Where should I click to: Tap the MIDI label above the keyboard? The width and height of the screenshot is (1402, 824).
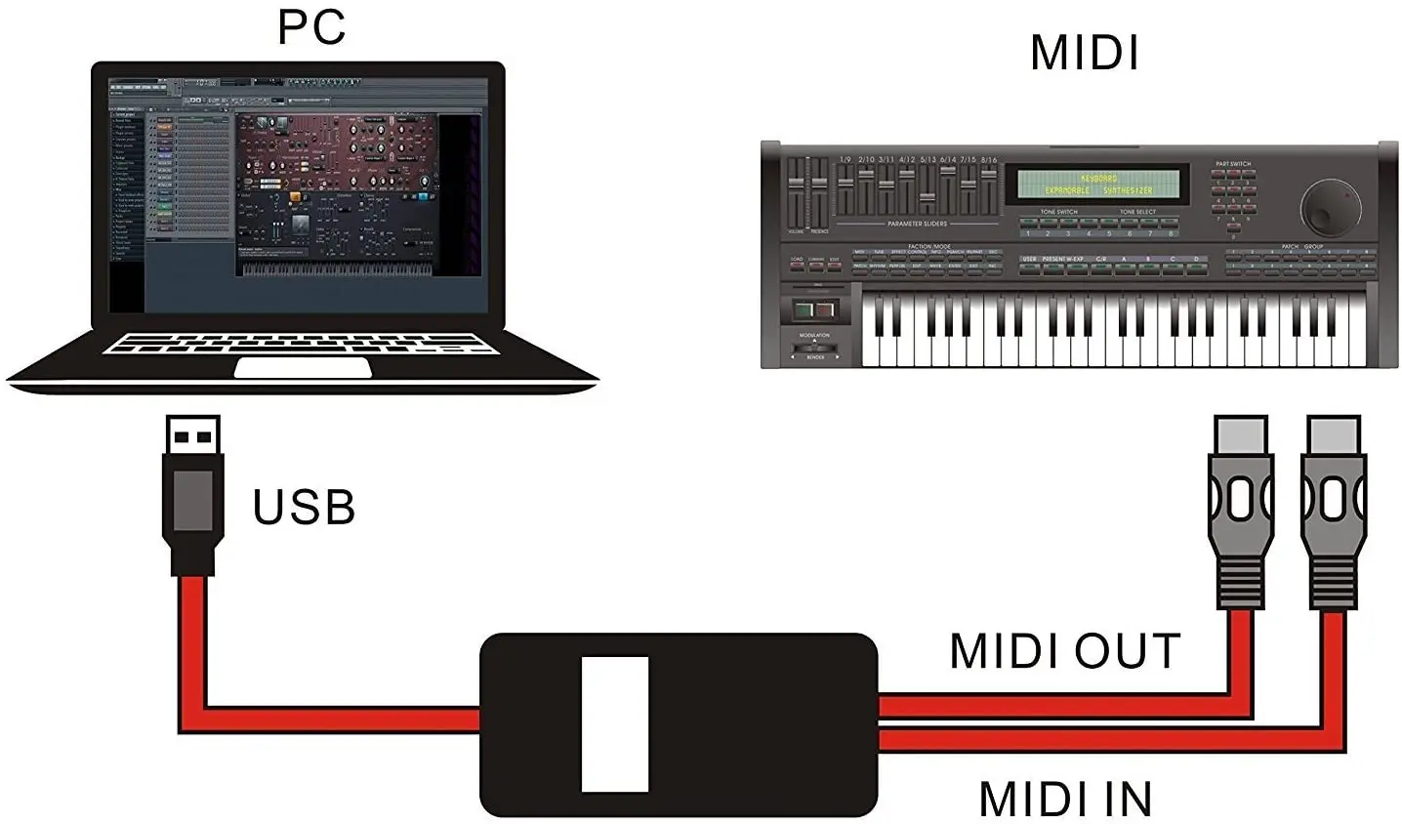tap(1085, 53)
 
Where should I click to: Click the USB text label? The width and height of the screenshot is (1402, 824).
tap(304, 508)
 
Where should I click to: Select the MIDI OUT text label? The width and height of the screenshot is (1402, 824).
tap(1064, 652)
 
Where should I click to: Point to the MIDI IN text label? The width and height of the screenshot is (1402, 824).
tap(1065, 800)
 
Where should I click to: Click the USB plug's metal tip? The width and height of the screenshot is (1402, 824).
tap(192, 437)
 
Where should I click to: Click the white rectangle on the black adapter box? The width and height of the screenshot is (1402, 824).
tap(615, 723)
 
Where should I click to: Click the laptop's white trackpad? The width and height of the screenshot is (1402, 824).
tap(303, 368)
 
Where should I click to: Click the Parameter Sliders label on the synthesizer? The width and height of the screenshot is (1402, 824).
tap(917, 225)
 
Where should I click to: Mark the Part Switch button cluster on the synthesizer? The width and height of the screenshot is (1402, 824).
tap(1232, 195)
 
